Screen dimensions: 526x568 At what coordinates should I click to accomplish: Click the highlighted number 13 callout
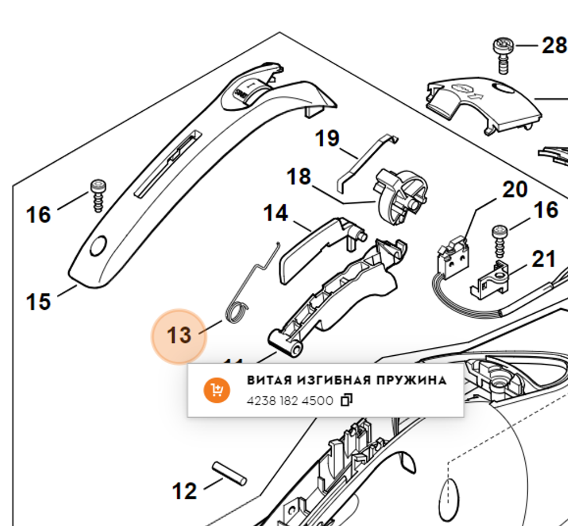[179, 335]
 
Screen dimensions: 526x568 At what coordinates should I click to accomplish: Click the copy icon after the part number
[346, 401]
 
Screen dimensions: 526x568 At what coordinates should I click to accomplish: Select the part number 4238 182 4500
[290, 401]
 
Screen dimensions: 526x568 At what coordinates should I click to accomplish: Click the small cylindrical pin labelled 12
[229, 473]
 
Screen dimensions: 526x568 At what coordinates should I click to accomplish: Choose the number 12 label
[185, 491]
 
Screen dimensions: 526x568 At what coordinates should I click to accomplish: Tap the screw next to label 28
[502, 54]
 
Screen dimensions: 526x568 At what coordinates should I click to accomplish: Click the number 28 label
[554, 46]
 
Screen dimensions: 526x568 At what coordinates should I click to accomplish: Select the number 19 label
[327, 138]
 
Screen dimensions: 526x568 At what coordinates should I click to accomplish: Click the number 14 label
[275, 213]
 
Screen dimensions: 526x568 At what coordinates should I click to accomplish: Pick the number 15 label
[38, 301]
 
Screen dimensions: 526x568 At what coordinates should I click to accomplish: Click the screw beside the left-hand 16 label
[98, 194]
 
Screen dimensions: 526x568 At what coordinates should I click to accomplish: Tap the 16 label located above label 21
[546, 210]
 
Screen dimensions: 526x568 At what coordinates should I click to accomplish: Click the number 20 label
[515, 190]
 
